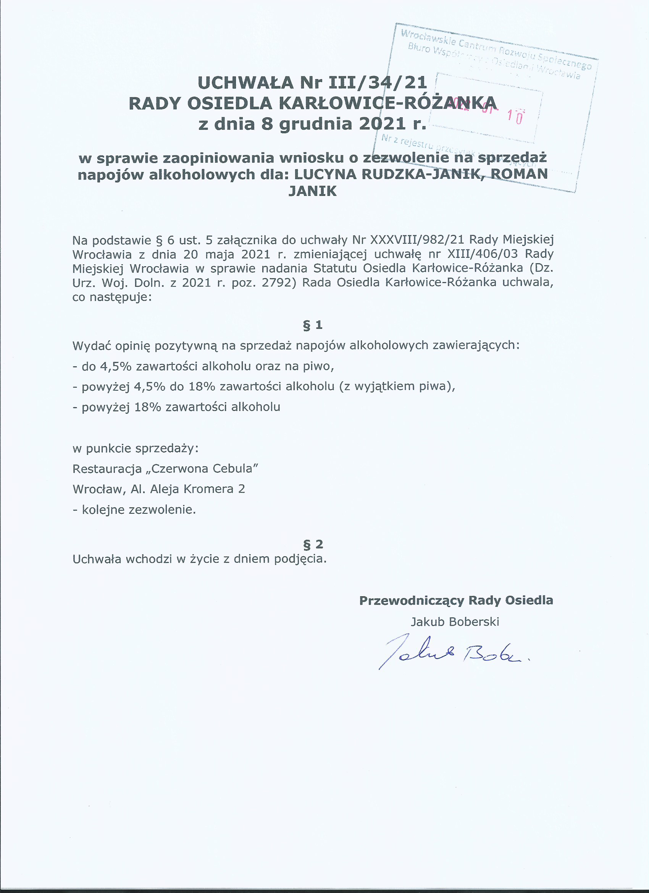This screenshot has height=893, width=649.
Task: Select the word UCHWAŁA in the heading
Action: (245, 83)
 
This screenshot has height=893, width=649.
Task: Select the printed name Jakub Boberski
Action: (455, 622)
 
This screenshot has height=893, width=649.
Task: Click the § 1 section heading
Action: (313, 325)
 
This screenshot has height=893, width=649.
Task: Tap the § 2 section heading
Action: (313, 544)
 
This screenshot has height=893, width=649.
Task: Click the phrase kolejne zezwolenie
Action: (139, 510)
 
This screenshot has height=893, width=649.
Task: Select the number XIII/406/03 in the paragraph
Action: (483, 254)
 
